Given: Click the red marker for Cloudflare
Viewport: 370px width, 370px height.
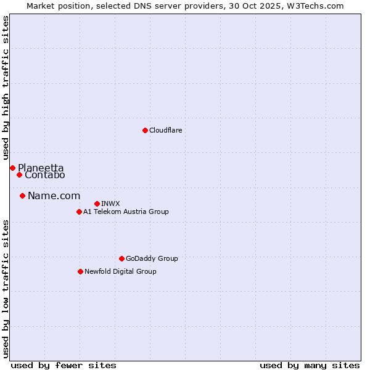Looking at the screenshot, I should coord(145,130).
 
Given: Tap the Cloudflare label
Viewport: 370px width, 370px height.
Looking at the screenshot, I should coord(165,131).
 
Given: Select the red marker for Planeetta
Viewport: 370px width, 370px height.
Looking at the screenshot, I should coord(12,168).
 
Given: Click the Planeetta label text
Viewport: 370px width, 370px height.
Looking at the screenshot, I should coord(41,168).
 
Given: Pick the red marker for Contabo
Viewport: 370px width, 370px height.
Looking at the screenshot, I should coord(19,175).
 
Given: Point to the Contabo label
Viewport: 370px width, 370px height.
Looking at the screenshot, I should coord(44,175).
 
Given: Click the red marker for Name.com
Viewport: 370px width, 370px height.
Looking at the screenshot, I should coord(22,196).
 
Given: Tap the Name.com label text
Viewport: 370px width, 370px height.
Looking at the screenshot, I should coord(54,196).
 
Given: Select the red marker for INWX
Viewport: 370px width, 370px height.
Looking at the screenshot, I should coord(97,203).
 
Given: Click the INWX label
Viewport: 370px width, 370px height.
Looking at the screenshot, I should coord(110,204).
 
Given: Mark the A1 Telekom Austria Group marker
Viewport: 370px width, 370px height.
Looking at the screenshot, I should coord(79,212).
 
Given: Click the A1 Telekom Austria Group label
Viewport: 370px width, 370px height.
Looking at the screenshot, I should coord(126,212).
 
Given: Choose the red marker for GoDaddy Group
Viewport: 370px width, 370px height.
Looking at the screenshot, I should coord(121,258).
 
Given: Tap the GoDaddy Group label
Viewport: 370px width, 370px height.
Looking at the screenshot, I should coord(152,259).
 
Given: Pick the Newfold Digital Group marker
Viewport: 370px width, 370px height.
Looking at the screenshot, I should coord(80,271).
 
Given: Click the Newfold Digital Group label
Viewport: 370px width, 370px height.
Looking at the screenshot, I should coord(120,272).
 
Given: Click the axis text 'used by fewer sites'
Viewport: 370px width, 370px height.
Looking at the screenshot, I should coord(64,366).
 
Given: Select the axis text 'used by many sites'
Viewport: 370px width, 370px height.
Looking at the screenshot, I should coord(310,366).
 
